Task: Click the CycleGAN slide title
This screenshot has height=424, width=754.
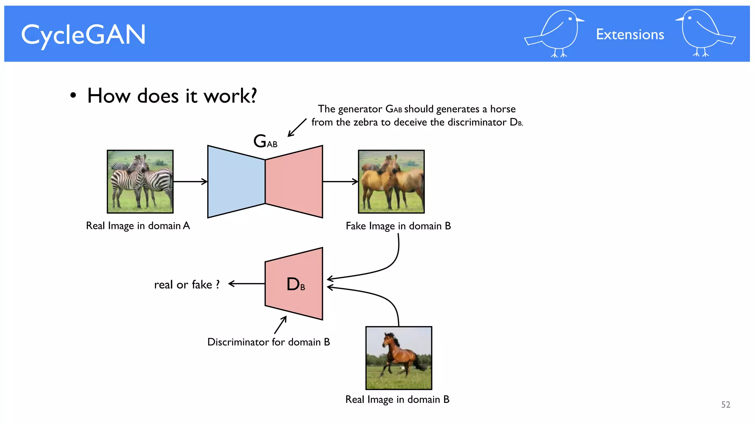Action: click(x=83, y=35)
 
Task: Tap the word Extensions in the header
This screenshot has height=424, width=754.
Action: click(x=630, y=35)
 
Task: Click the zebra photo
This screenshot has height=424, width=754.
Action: click(x=140, y=181)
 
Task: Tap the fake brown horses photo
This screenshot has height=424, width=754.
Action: click(x=391, y=181)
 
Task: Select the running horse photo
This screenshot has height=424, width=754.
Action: click(x=398, y=358)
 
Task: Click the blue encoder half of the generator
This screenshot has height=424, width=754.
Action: click(x=236, y=181)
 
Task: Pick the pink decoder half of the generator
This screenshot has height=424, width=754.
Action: click(x=294, y=181)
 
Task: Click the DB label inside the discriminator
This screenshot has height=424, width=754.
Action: click(x=296, y=284)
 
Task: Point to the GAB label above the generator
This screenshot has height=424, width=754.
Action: click(x=265, y=141)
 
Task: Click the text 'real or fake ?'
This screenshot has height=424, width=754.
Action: click(x=187, y=285)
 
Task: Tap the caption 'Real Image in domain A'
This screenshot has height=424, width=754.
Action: click(x=138, y=226)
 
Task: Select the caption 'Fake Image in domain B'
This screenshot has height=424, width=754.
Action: click(x=398, y=226)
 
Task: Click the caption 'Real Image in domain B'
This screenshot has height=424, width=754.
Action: click(x=397, y=400)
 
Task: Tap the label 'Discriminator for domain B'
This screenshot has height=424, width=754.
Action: click(x=268, y=342)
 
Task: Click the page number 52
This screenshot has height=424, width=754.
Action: click(x=725, y=405)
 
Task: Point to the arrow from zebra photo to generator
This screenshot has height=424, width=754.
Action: click(x=190, y=181)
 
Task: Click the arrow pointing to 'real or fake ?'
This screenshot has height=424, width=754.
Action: click(x=246, y=283)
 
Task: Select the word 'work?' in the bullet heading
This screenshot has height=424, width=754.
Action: click(x=230, y=96)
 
